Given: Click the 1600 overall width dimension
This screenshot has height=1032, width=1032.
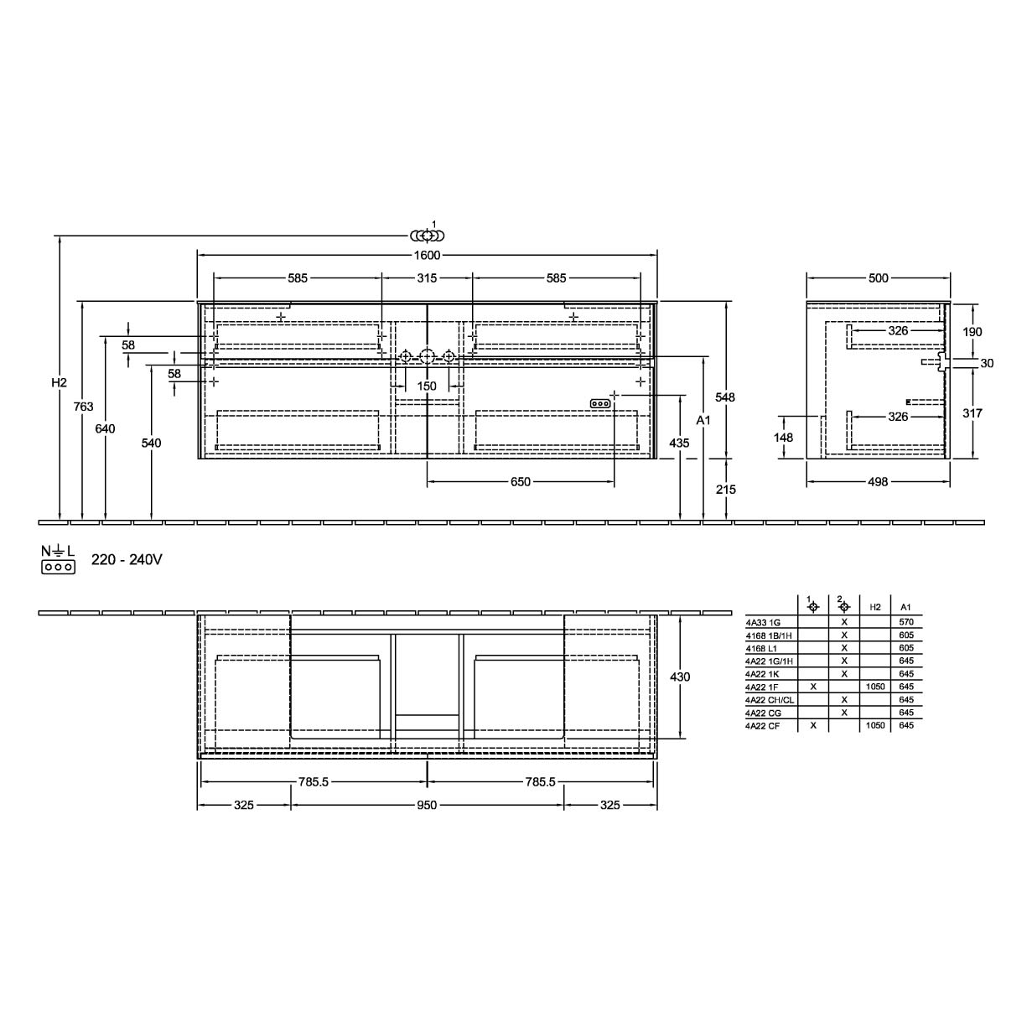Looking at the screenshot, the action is click(427, 255).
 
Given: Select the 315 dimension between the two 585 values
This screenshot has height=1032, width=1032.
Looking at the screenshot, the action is click(427, 278).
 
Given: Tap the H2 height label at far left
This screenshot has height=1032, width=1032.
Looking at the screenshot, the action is click(59, 382).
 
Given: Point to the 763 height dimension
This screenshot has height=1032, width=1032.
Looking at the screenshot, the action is click(84, 407).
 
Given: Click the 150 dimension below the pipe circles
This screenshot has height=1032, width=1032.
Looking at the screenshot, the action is click(427, 386).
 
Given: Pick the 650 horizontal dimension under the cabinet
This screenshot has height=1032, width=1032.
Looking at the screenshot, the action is click(520, 481).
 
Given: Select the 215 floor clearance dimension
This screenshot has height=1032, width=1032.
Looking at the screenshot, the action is click(726, 489).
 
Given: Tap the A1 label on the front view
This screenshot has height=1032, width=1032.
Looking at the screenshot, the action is click(703, 420).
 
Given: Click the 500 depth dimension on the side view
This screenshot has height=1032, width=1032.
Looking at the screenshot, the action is click(879, 278).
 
